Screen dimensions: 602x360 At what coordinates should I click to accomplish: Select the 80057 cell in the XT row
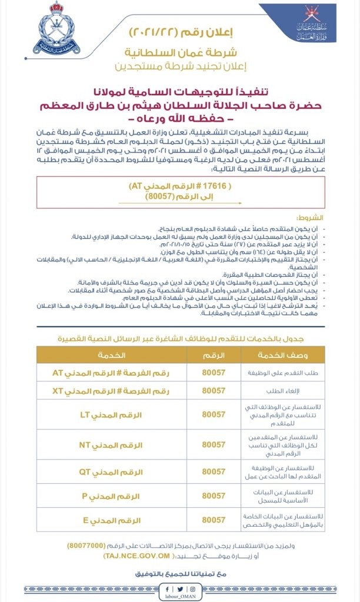(x=214, y=390)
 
